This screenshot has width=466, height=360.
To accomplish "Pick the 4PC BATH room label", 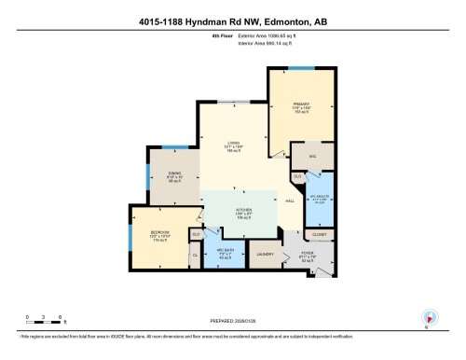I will pos(223,249).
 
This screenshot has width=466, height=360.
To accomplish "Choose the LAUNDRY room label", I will pos(265,253).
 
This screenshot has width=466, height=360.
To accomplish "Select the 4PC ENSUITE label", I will pos(318,197).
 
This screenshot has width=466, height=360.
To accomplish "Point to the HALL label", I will pos(290,201).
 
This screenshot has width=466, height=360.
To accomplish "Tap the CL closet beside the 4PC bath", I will pos(194,254).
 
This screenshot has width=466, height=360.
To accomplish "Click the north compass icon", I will pos(430,317).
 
